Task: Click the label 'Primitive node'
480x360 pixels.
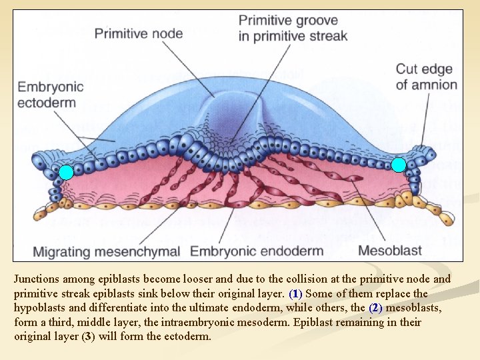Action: [139, 32]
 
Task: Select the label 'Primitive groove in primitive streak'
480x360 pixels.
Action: [293, 28]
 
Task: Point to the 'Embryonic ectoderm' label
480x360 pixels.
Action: [51, 94]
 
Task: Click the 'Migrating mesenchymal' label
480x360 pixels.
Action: [107, 251]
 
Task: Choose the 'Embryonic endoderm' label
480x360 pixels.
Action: [257, 251]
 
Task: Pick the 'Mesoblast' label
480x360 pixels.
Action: [390, 251]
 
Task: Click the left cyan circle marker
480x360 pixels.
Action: [66, 172]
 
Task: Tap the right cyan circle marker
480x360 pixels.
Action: [399, 165]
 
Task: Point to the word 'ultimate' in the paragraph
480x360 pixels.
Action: [195, 308]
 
